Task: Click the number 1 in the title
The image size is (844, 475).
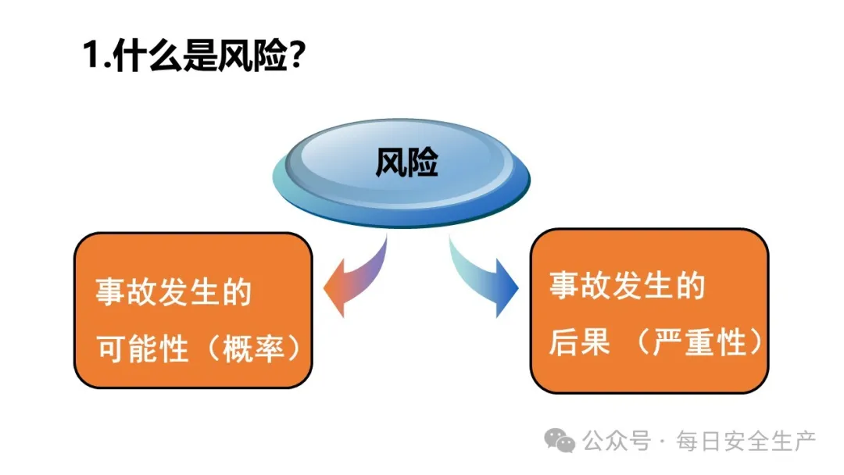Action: (x=92, y=57)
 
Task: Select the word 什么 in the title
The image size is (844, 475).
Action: (x=147, y=57)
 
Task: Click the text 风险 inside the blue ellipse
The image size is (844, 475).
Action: (x=406, y=163)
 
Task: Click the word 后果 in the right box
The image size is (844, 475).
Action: (x=579, y=343)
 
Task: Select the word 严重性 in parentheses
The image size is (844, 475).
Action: (x=700, y=343)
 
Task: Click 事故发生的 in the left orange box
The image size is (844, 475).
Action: (x=173, y=293)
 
